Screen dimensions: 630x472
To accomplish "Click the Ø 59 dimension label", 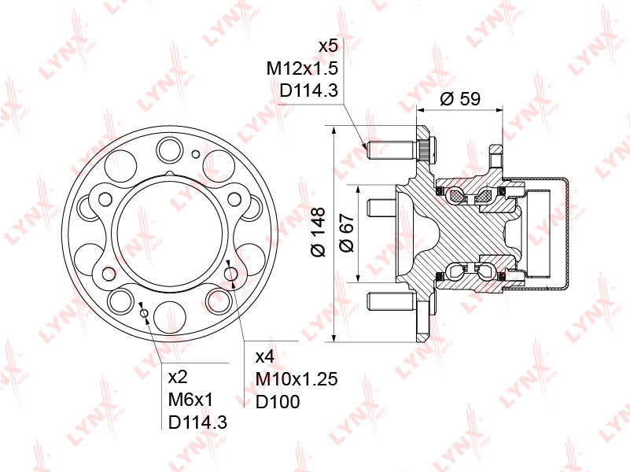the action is pyautogui.click(x=460, y=98).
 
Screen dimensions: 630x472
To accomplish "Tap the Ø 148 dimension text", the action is pyautogui.click(x=318, y=232).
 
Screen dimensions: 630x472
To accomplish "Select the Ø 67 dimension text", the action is pyautogui.click(x=347, y=233).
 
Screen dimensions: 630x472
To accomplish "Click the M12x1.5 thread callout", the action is pyautogui.click(x=302, y=68).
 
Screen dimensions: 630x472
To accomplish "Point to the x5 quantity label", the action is pyautogui.click(x=328, y=46).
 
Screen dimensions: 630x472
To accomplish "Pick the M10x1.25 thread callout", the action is pyautogui.click(x=297, y=379).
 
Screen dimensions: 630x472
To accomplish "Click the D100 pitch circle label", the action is pyautogui.click(x=278, y=402).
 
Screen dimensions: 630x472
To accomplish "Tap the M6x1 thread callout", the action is pyautogui.click(x=191, y=400).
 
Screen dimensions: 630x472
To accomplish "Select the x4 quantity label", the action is pyautogui.click(x=265, y=356).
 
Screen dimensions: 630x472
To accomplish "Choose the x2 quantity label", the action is pyautogui.click(x=178, y=377).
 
